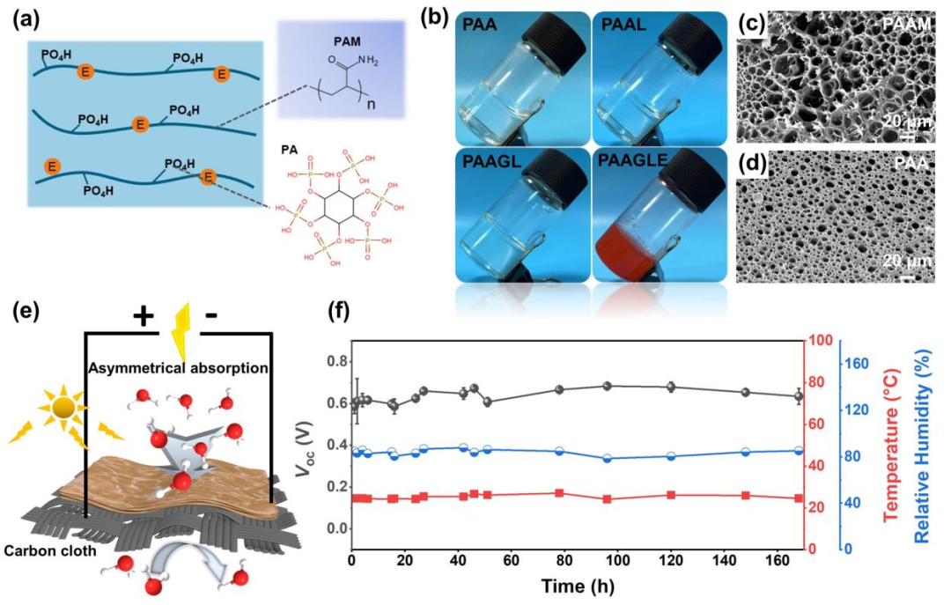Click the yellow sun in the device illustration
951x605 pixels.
click(x=63, y=406)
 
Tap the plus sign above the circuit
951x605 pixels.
click(x=144, y=316)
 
